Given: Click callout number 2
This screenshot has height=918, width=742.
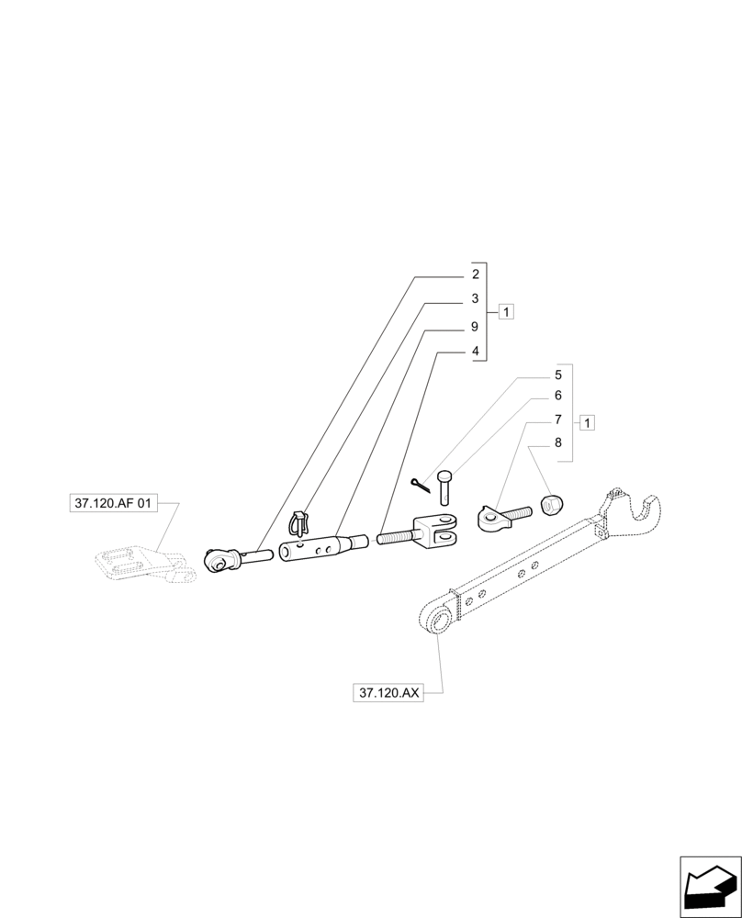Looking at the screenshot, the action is [x=475, y=274].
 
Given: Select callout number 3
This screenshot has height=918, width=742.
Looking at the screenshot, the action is [x=475, y=299].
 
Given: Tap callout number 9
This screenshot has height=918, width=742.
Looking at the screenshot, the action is [x=475, y=327].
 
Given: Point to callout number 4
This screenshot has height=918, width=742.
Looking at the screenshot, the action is [x=475, y=352].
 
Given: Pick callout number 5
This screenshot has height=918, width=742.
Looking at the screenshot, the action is [x=557, y=375].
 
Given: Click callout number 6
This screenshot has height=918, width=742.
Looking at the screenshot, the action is [x=557, y=396].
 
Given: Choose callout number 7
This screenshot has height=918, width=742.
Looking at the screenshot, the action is [x=557, y=420].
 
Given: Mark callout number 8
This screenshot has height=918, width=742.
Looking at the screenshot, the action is [x=557, y=442].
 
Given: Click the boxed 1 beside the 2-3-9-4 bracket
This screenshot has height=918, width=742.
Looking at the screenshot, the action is [x=506, y=312].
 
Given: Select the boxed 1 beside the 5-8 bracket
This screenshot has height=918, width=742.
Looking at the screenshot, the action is [x=588, y=422].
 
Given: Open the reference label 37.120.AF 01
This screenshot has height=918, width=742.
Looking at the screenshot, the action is [x=114, y=503].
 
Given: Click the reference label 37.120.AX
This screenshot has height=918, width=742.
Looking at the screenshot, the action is [x=387, y=693].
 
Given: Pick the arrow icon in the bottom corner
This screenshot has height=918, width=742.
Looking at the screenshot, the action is [x=709, y=886].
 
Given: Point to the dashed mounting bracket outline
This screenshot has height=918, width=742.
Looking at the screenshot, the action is [x=142, y=564].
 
